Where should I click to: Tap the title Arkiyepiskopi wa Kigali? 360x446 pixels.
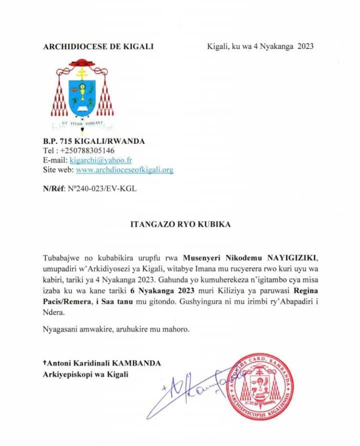coord(85,374)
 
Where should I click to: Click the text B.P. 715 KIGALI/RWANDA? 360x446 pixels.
coord(94,141)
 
